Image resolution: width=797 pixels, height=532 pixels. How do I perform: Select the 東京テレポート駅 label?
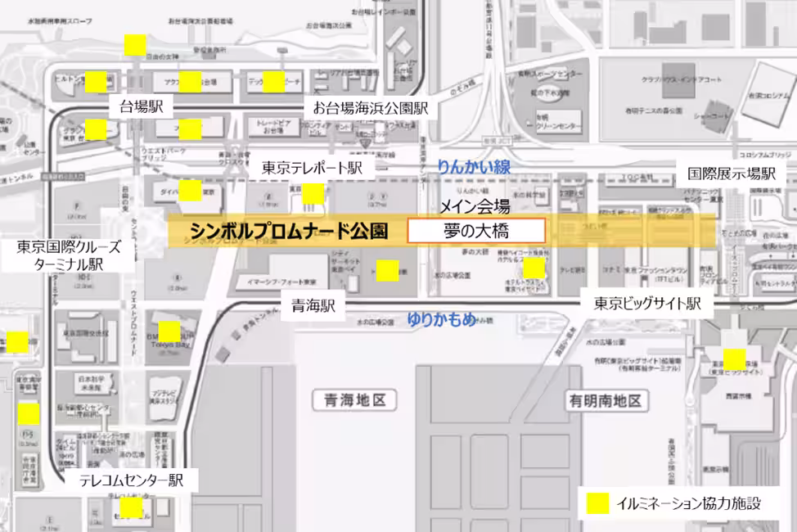tap(312, 168)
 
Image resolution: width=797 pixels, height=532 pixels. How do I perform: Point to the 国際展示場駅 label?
tap(731, 174)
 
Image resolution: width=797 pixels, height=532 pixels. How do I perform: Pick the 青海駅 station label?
tap(314, 306)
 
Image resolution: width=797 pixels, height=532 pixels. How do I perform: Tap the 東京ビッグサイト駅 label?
tap(647, 304)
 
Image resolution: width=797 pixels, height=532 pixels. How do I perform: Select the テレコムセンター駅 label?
tap(131, 480)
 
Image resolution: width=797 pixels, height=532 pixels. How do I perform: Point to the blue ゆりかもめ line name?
tap(441, 319)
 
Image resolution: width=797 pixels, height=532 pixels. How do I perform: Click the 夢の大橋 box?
tap(475, 232)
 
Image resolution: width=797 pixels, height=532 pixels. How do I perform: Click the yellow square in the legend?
tap(598, 503)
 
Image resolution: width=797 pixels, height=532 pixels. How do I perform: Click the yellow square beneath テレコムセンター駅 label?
tap(133, 509)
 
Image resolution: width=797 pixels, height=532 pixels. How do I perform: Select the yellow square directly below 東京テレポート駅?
tap(313, 194)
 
